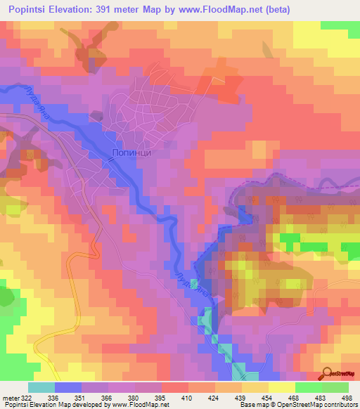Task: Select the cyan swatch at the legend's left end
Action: [x=41, y=388]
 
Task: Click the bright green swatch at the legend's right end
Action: [x=335, y=388]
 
